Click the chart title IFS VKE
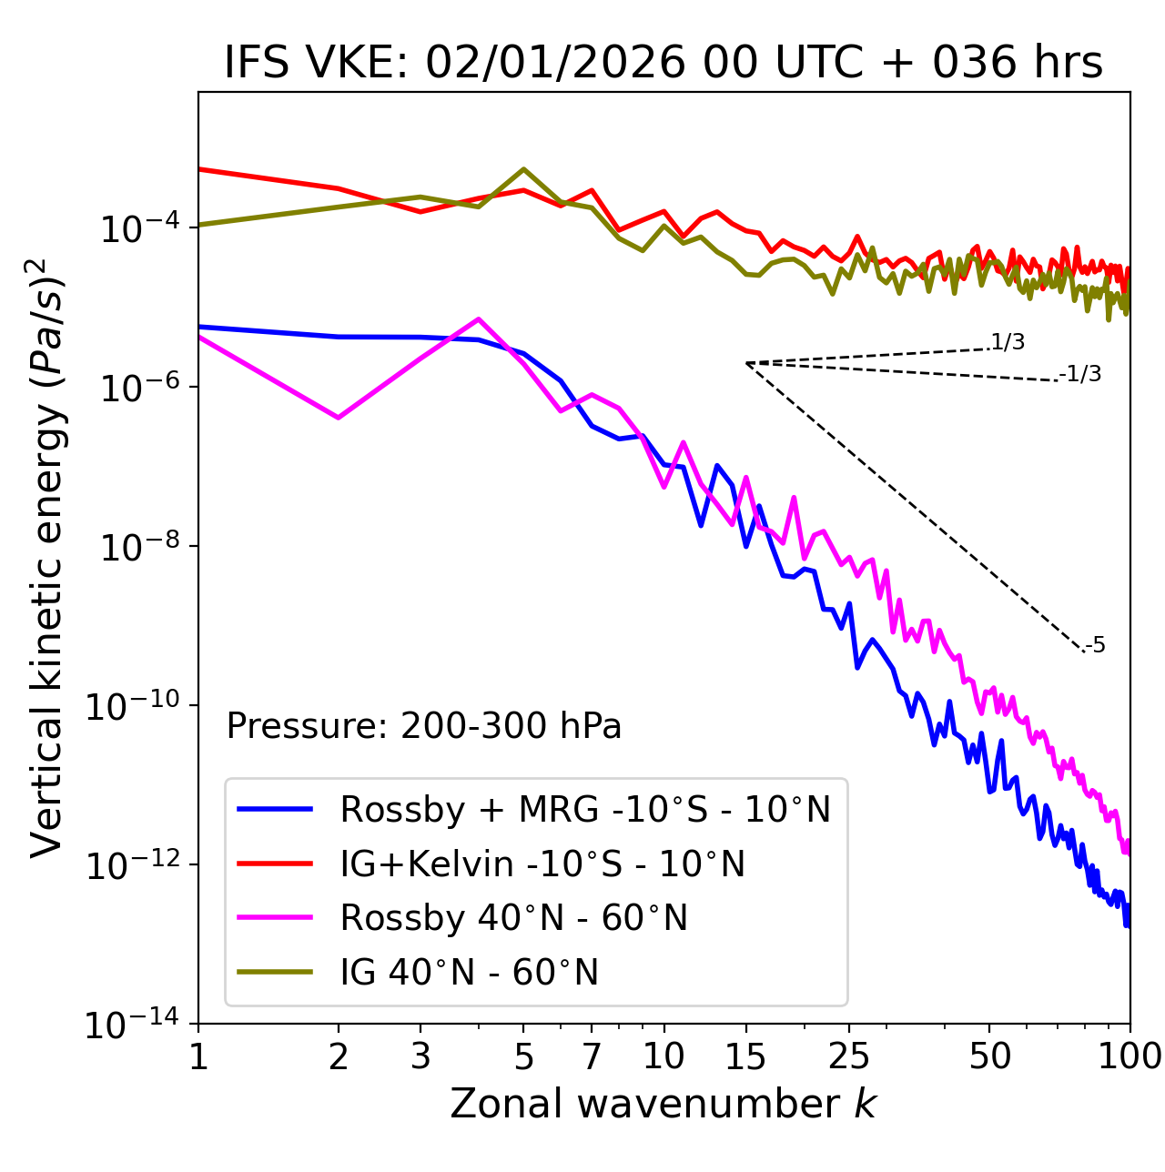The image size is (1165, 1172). (x=664, y=63)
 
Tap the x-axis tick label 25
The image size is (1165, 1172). (x=849, y=1056)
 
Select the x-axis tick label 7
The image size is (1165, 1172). (x=592, y=1056)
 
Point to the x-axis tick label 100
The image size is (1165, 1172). (x=1130, y=1056)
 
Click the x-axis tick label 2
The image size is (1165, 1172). (x=339, y=1056)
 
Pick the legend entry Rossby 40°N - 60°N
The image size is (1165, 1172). (x=513, y=918)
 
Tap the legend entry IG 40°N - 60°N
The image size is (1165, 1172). (x=469, y=973)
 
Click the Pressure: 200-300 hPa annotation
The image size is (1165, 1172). (x=424, y=726)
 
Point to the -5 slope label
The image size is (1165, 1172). (x=1095, y=645)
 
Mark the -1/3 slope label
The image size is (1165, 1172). (x=1081, y=373)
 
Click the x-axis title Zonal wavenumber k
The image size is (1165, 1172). (x=664, y=1103)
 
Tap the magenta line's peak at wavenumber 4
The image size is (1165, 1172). (x=479, y=318)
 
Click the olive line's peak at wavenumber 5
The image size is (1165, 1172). (x=523, y=168)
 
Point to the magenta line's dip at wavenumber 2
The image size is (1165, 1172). (x=339, y=418)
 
